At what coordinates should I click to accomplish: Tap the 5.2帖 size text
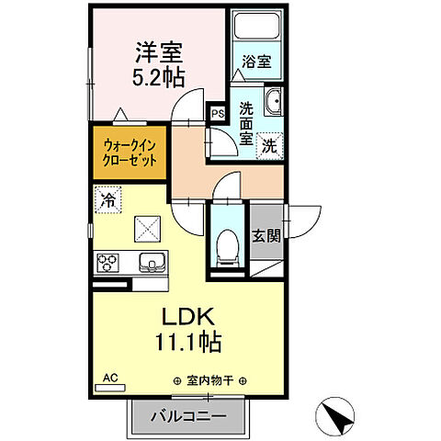(x=159, y=78)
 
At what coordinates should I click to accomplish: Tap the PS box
(x=217, y=113)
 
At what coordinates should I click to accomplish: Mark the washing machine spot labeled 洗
(x=269, y=144)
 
